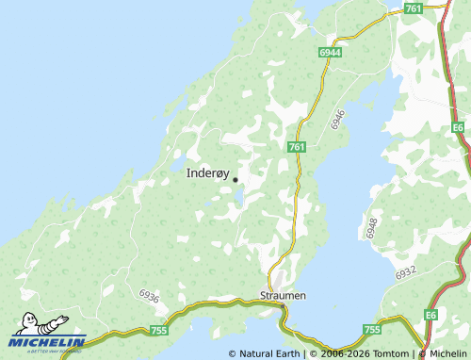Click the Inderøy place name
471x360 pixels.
(207, 172)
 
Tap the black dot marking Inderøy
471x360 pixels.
(235, 179)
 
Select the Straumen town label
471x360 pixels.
(283, 295)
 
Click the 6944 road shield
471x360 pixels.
(330, 54)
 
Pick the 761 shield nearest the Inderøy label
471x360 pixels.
(297, 146)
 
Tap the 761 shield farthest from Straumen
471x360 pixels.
(413, 8)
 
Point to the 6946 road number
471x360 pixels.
(339, 118)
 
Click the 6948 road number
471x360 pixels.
(372, 227)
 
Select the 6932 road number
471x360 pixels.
(406, 273)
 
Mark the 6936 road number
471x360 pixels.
(148, 297)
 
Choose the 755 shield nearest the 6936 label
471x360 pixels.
(158, 330)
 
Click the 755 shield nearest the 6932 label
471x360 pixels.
(372, 330)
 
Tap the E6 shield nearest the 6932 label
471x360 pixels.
(430, 314)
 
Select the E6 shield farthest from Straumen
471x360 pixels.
(458, 125)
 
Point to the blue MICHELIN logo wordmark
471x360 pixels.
(48, 342)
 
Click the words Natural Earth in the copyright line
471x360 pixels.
(269, 353)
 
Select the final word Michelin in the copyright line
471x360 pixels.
(447, 353)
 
